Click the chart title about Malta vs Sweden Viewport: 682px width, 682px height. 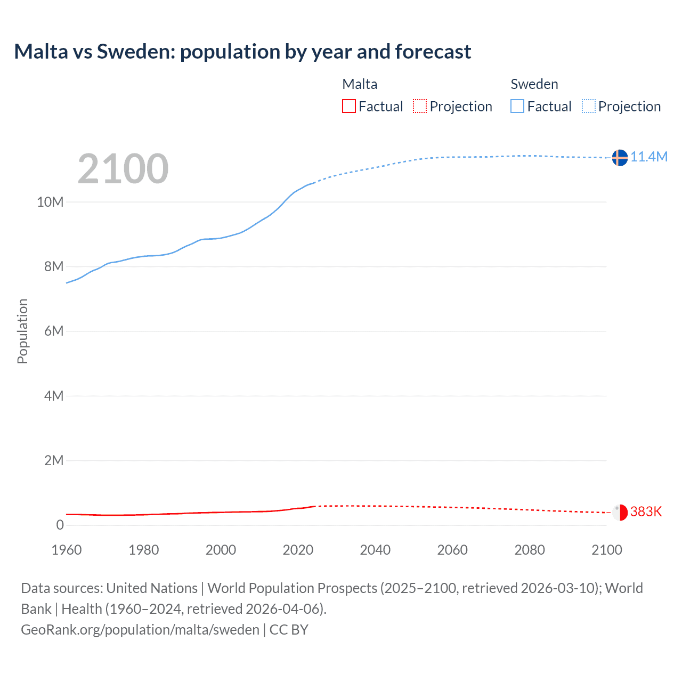242,52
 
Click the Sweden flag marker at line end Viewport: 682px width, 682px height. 619,158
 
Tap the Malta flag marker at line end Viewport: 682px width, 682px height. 619,512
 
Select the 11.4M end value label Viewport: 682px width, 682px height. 649,157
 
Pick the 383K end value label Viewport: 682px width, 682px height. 646,512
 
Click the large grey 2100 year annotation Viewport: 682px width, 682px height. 123,169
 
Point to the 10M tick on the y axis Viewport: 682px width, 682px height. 50,202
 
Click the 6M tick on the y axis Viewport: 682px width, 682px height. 54,331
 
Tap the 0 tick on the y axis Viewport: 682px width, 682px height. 60,525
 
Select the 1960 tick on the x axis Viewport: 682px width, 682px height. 67,550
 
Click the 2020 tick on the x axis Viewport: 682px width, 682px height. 298,550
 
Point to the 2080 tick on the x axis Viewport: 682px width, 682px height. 530,550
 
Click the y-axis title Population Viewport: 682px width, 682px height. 22,331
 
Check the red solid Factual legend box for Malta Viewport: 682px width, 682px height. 349,107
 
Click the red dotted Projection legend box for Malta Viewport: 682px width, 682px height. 420,107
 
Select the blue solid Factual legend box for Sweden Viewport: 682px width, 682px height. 517,107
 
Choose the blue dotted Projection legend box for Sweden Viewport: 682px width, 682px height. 589,107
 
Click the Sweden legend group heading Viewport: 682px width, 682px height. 534,84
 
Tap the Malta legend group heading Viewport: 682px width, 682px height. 360,84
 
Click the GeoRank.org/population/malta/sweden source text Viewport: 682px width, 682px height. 140,630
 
